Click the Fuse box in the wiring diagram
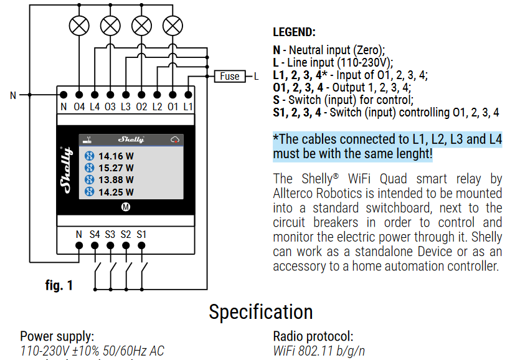[229, 76]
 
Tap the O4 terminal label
[79, 107]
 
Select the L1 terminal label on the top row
[188, 107]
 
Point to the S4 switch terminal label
[95, 234]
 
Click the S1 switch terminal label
[141, 234]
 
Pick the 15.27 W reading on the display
[116, 168]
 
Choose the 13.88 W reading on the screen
[116, 180]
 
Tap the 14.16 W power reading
[116, 156]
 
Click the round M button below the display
[126, 207]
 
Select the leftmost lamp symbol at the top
[79, 26]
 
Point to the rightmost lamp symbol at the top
[172, 26]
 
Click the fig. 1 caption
[59, 285]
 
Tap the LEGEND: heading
[294, 32]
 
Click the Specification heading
[260, 311]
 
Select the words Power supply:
[57, 336]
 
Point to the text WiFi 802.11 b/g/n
[319, 351]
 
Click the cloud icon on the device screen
[175, 140]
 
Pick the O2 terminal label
[141, 107]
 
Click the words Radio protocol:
[313, 336]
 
